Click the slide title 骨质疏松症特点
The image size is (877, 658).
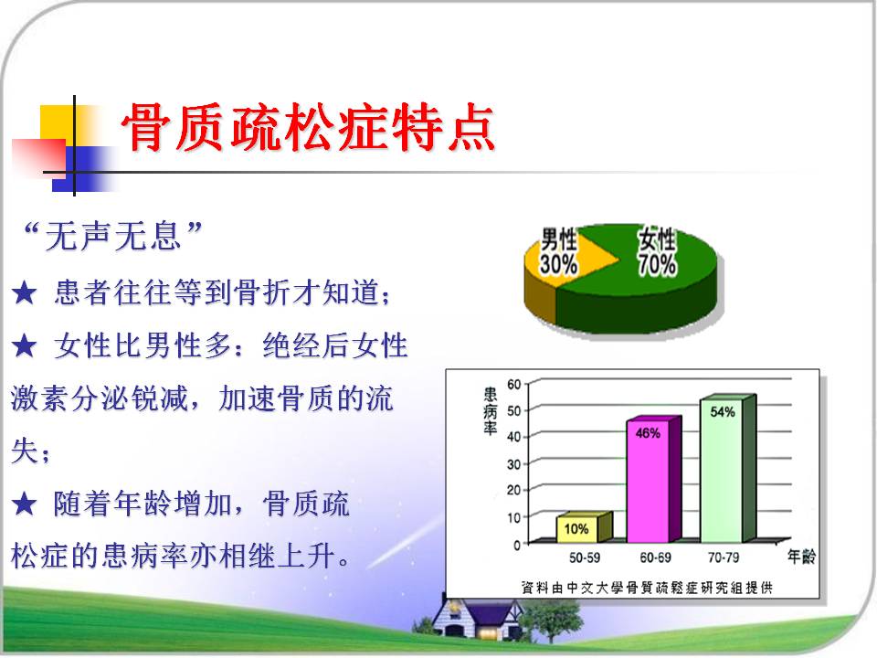[308, 128]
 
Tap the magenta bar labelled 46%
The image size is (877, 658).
[653, 479]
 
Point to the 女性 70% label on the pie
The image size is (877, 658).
[657, 252]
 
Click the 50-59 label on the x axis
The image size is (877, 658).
[585, 557]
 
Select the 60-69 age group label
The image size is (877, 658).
[656, 557]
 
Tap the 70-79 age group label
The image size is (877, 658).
[724, 557]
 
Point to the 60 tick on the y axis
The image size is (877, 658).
[514, 385]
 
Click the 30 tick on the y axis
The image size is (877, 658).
[514, 464]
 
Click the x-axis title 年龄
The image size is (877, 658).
[801, 557]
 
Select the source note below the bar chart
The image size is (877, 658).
[647, 588]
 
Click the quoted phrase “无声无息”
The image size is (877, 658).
[111, 236]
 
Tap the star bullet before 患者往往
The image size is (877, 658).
[25, 293]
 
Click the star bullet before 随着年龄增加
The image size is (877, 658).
[25, 504]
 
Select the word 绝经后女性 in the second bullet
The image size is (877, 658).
[335, 345]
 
